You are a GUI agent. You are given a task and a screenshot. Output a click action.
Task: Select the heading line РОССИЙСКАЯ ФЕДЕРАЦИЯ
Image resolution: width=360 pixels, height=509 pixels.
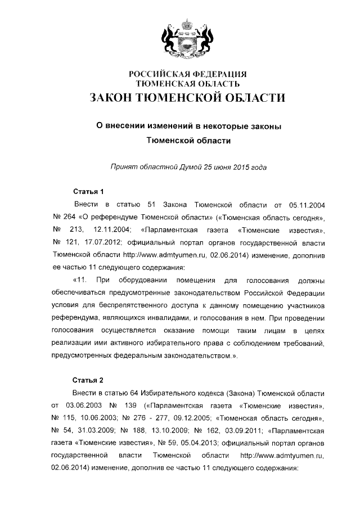(x=188, y=74)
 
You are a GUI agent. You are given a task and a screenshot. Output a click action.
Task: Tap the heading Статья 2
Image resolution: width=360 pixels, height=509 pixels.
(x=89, y=380)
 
